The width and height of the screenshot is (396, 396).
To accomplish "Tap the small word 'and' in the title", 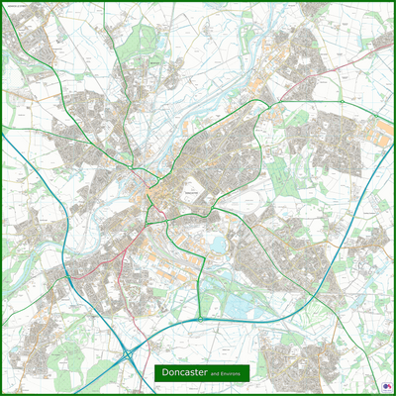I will click(x=228, y=375).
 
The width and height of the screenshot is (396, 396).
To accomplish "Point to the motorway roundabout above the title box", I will click(x=201, y=319).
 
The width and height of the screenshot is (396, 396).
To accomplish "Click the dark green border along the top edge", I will click(x=198, y=3).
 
